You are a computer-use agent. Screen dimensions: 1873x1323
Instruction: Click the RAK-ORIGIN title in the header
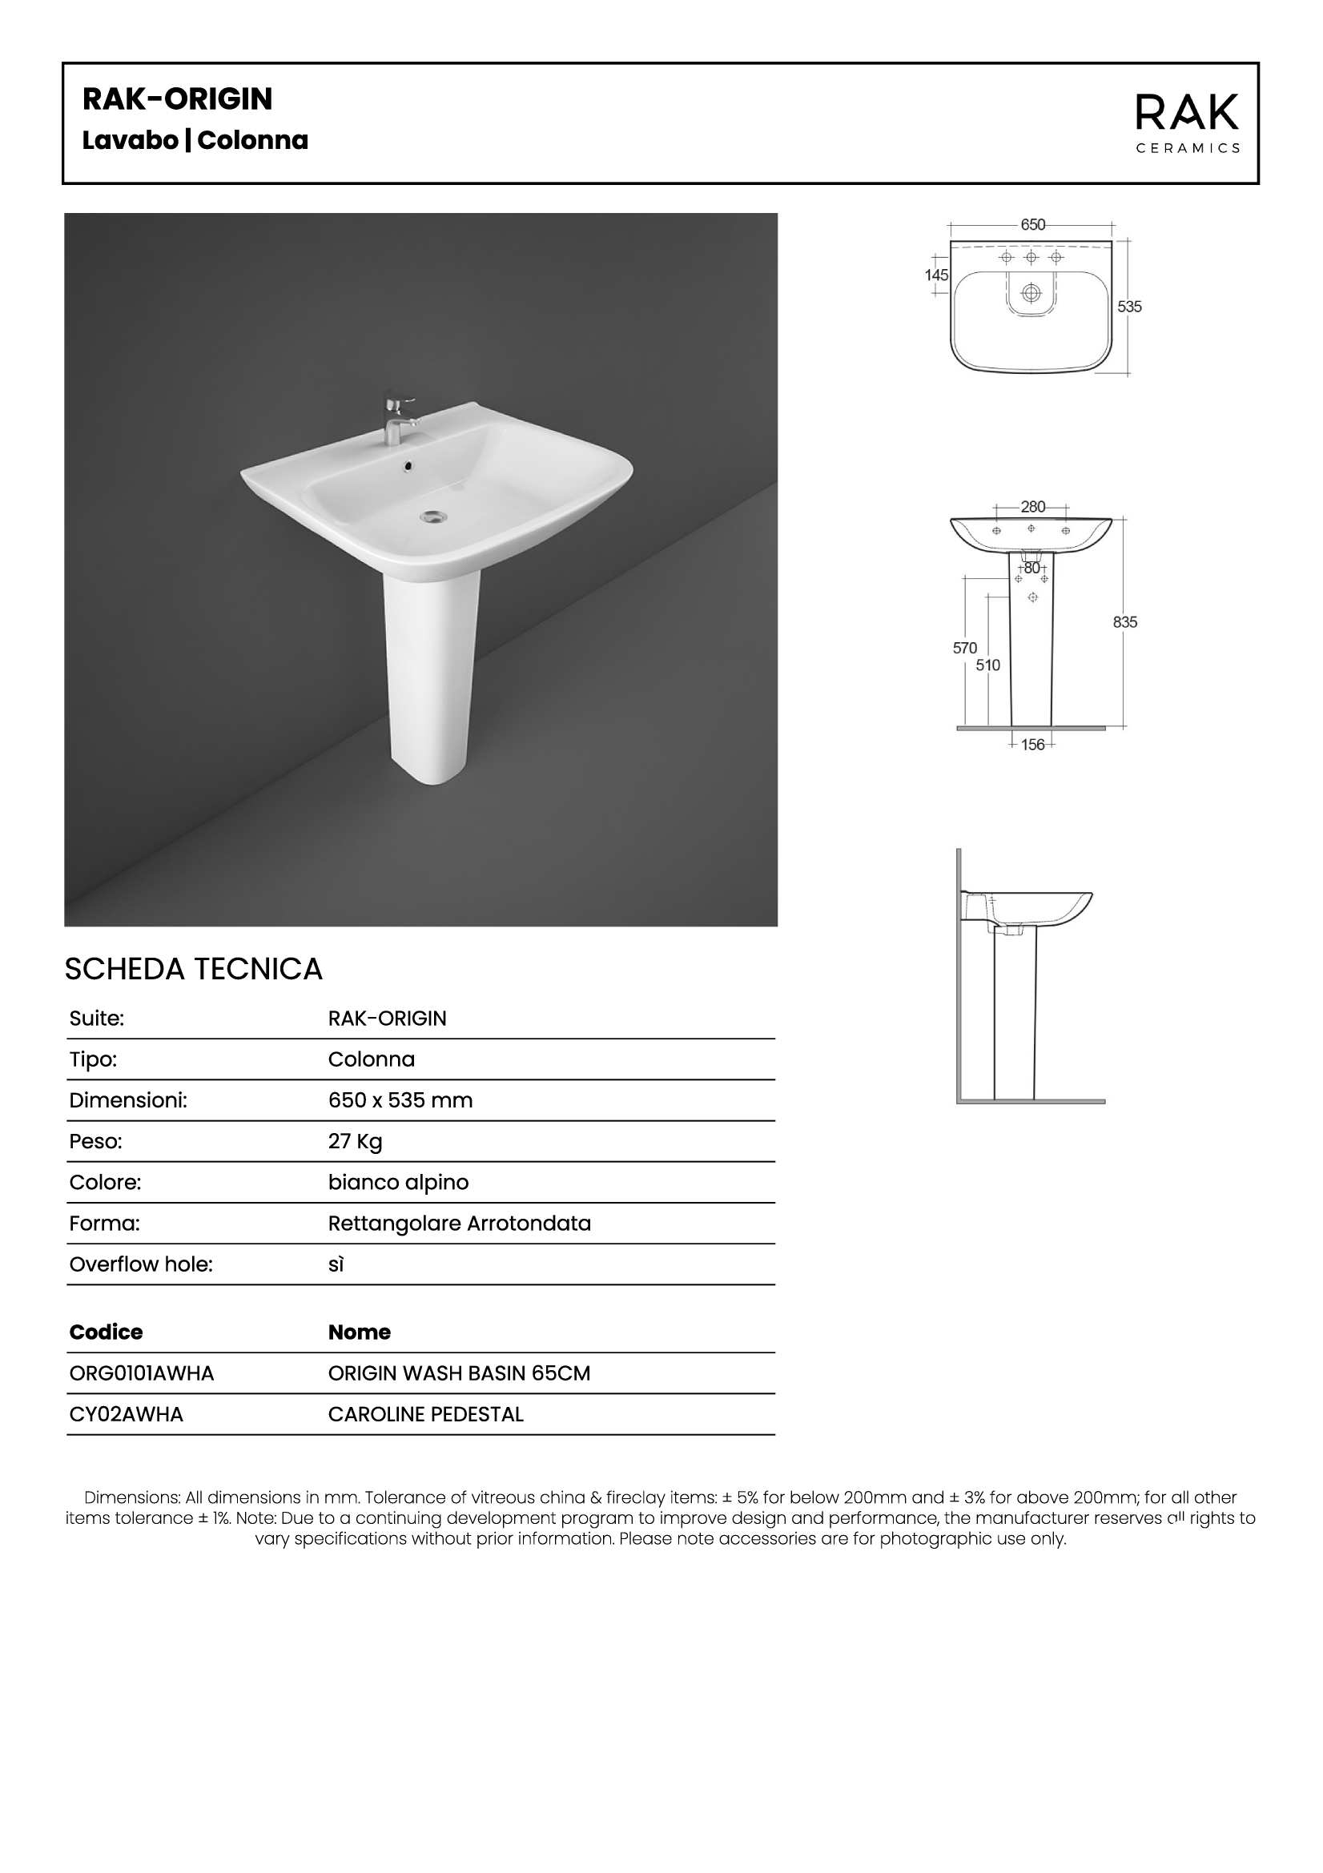pos(177,99)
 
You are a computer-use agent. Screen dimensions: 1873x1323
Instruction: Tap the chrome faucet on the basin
pos(397,418)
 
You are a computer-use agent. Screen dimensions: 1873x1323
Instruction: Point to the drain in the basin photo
pos(432,516)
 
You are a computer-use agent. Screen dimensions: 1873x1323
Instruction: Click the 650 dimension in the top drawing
pos(1032,224)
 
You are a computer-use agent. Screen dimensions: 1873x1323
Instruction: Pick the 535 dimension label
pos(1130,307)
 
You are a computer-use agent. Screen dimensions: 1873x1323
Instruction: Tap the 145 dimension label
pos(936,275)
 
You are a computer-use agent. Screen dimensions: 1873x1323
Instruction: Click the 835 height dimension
pos(1125,621)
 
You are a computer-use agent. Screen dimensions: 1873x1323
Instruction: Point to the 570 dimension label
pos(964,648)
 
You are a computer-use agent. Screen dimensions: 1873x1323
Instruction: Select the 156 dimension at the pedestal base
pos(1032,744)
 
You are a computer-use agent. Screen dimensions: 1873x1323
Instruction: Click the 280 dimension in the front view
pos(1032,507)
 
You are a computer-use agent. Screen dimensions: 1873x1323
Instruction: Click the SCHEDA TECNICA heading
pos(193,969)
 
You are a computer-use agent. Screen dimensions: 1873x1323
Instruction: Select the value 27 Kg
pos(355,1141)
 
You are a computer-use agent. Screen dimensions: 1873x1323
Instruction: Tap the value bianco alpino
pos(398,1182)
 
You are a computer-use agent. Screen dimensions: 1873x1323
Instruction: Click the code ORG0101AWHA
pos(142,1373)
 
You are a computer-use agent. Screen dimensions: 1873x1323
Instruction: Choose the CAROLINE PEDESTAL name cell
pos(426,1413)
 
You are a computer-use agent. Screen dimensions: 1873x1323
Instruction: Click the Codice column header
pos(106,1332)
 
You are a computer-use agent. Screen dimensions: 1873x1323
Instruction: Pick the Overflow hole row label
pos(141,1264)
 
